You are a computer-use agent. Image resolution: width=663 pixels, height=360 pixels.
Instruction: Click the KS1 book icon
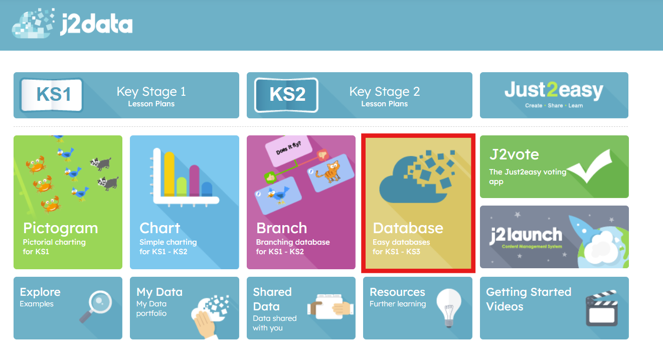(52, 95)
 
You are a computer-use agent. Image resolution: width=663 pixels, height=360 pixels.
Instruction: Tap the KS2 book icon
(286, 95)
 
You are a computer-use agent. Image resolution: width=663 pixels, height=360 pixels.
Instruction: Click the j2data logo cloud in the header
(33, 24)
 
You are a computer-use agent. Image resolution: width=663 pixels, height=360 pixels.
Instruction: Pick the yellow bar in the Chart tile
(170, 174)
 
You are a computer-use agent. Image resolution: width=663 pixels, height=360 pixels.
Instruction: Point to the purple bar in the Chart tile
(194, 181)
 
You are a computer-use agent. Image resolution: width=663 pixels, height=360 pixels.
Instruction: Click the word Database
(408, 228)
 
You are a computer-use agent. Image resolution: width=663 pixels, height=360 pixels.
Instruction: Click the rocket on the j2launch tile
(585, 234)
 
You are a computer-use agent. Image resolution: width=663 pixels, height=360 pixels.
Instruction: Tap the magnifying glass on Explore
(96, 306)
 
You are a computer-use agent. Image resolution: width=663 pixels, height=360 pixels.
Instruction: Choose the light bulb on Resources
(449, 308)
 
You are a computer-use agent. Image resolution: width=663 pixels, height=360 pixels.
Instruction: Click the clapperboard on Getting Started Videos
(602, 308)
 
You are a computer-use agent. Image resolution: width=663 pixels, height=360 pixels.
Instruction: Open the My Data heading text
(159, 292)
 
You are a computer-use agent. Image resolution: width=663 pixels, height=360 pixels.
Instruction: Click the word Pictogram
(60, 228)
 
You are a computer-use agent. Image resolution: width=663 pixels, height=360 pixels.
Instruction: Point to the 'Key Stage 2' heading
(385, 92)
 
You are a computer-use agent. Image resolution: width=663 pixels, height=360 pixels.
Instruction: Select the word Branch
(281, 228)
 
